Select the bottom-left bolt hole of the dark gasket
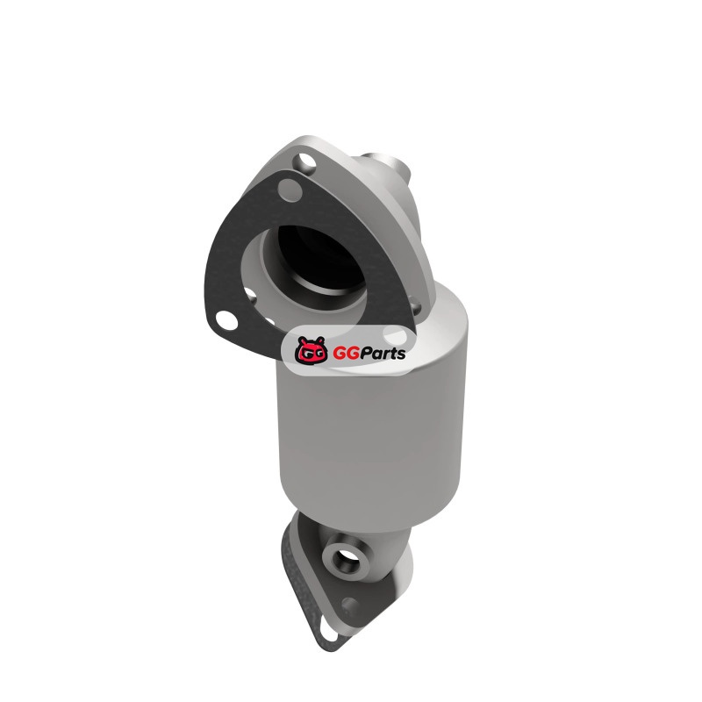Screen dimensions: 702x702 pos(226,320)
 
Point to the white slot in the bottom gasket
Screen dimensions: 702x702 pos(329,634)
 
